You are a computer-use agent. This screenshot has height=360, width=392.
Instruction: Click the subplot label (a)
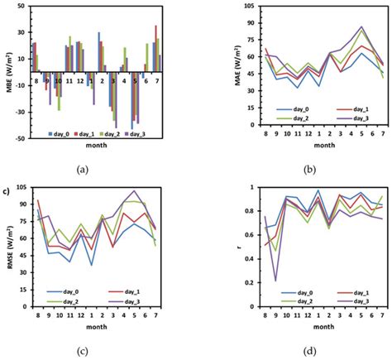coord(82,169)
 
